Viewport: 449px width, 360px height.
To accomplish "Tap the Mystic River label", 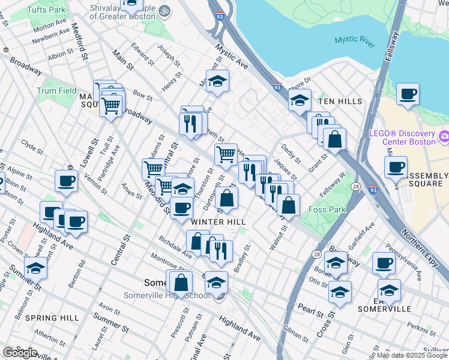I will tap(354, 40).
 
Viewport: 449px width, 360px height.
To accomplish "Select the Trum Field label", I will tap(56, 91).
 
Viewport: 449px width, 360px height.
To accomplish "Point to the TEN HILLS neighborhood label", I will tap(340, 101).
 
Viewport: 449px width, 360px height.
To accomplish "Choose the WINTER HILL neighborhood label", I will tap(218, 222).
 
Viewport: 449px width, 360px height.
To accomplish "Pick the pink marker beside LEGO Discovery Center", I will tap(444, 136).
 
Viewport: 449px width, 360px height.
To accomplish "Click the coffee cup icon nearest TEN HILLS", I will tap(408, 94).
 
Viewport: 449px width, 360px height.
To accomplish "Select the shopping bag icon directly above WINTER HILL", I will tap(227, 197).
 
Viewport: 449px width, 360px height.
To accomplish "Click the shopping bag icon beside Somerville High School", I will tap(181, 281).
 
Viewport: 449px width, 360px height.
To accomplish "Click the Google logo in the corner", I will tap(20, 352).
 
